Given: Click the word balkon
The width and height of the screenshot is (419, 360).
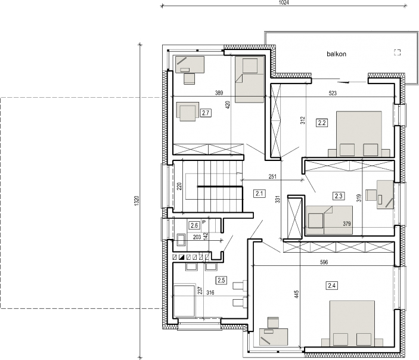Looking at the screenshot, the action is (x=336, y=54).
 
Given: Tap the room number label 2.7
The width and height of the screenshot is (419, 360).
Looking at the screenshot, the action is (x=206, y=113).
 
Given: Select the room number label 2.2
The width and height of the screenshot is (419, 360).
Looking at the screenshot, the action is (x=322, y=123).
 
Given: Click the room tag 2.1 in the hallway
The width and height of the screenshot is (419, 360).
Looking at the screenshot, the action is (x=259, y=193).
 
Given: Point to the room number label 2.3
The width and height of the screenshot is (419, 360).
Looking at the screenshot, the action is (x=339, y=196).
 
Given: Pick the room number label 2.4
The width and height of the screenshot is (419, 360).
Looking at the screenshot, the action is (x=331, y=285).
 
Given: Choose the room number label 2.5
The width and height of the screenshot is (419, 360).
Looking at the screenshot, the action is (x=221, y=280).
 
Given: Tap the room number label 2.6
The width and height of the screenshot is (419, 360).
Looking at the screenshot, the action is (x=194, y=225).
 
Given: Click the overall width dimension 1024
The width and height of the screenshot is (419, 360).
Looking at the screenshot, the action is (x=284, y=2).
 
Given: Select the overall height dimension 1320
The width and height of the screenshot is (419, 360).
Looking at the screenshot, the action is (x=136, y=201).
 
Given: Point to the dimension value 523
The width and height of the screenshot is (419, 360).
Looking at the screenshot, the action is (x=333, y=93).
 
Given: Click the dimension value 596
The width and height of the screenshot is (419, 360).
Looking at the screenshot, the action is (x=324, y=262).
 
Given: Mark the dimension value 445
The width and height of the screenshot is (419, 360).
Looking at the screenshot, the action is (x=297, y=294).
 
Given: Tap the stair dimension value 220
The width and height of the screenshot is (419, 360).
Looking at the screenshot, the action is (x=179, y=187).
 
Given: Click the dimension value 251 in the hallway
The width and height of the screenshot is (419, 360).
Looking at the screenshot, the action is (x=272, y=176).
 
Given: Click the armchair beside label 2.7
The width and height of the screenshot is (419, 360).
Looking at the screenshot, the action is (x=187, y=111).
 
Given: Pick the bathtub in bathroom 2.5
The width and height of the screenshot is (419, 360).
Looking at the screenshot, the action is (x=184, y=300).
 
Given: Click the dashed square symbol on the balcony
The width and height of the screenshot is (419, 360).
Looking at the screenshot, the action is (x=398, y=52).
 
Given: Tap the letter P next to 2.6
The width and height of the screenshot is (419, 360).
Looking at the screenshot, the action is (x=204, y=222).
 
